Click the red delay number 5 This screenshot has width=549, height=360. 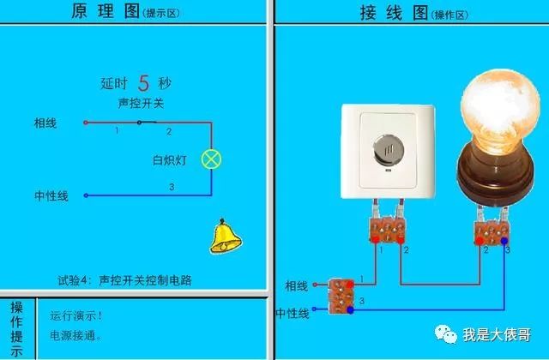(x=144, y=83)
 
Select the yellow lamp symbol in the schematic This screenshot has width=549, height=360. (x=211, y=159)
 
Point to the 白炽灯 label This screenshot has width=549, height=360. (x=168, y=159)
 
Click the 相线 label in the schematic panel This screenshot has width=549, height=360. (x=45, y=123)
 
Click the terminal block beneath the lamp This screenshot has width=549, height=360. (x=492, y=230)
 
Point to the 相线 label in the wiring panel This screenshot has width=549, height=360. (x=296, y=285)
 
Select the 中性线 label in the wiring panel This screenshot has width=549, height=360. (x=292, y=314)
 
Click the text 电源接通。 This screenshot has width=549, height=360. (x=76, y=336)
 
